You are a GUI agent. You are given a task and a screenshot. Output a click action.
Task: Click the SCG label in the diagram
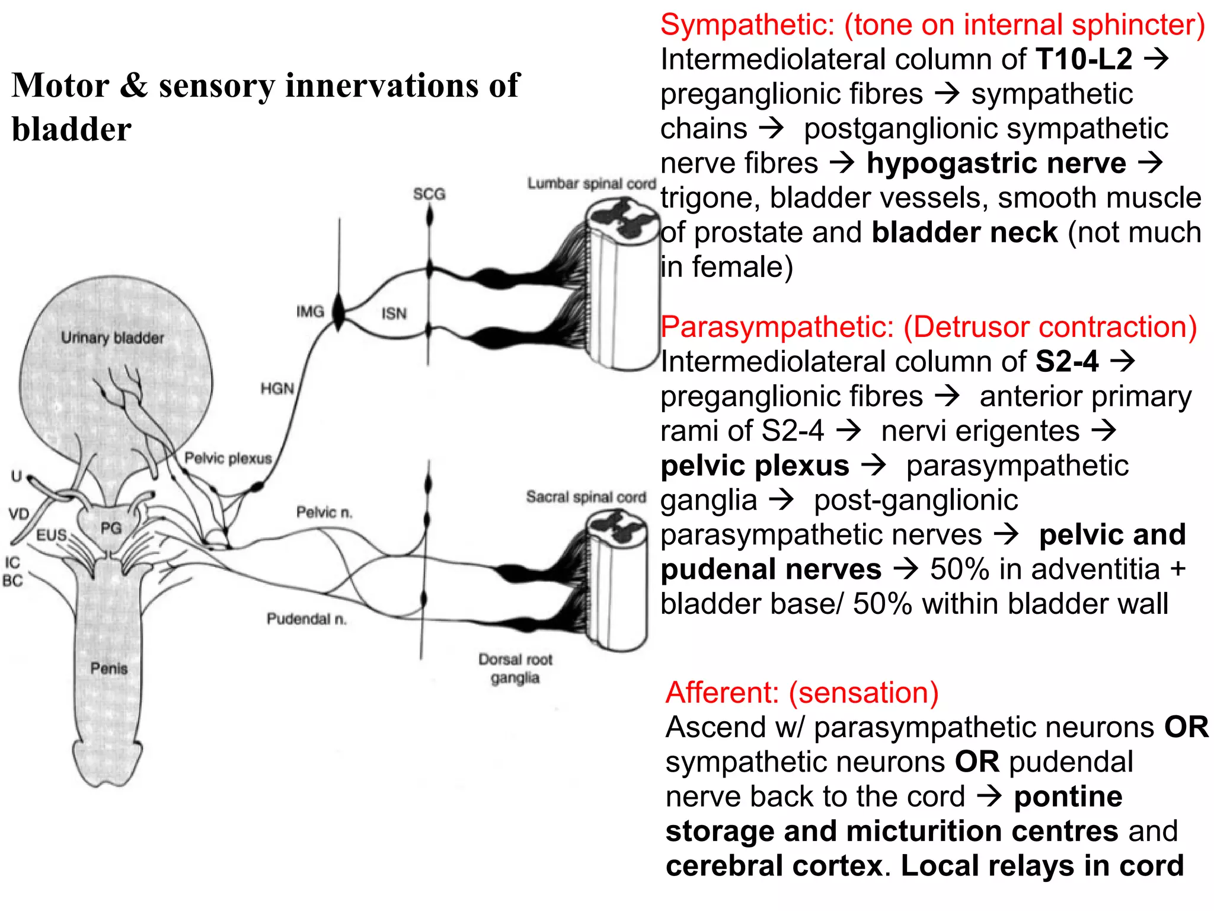429,194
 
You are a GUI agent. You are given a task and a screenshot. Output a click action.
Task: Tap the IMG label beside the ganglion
310,311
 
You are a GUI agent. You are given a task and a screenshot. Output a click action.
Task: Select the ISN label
394,313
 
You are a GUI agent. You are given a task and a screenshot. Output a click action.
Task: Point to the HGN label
277,388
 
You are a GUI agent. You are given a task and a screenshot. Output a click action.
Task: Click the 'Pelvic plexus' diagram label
228,458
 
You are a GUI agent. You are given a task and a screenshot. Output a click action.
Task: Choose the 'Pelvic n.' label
324,512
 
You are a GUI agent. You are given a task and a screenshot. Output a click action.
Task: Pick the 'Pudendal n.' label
306,619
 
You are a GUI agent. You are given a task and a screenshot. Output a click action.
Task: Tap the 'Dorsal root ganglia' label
515,668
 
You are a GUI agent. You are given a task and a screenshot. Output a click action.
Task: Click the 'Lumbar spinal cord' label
592,184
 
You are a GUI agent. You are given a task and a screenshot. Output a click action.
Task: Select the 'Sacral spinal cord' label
586,497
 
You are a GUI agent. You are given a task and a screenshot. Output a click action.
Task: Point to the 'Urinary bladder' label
113,337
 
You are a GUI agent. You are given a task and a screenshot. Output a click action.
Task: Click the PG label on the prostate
111,527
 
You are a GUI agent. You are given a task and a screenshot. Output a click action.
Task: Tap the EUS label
52,535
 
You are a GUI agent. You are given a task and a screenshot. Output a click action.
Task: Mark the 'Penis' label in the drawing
109,668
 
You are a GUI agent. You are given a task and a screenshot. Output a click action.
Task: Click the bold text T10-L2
1084,59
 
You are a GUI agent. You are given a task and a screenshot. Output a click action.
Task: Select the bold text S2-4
1067,362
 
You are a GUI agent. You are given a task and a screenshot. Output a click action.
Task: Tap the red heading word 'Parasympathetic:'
777,327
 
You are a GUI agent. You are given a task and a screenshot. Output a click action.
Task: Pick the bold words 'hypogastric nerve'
996,163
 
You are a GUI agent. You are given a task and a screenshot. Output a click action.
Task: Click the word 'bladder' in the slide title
71,129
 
